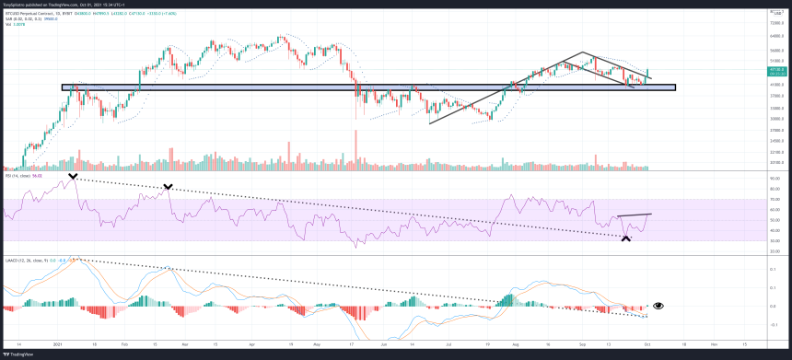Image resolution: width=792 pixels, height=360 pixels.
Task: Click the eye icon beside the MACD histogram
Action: coord(658,305)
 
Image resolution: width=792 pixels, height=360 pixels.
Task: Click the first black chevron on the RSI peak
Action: coord(73,175)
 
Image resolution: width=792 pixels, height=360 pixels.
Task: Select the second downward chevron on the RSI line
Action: coord(168,187)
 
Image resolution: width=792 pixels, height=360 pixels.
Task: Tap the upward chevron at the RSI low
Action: coord(626,238)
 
